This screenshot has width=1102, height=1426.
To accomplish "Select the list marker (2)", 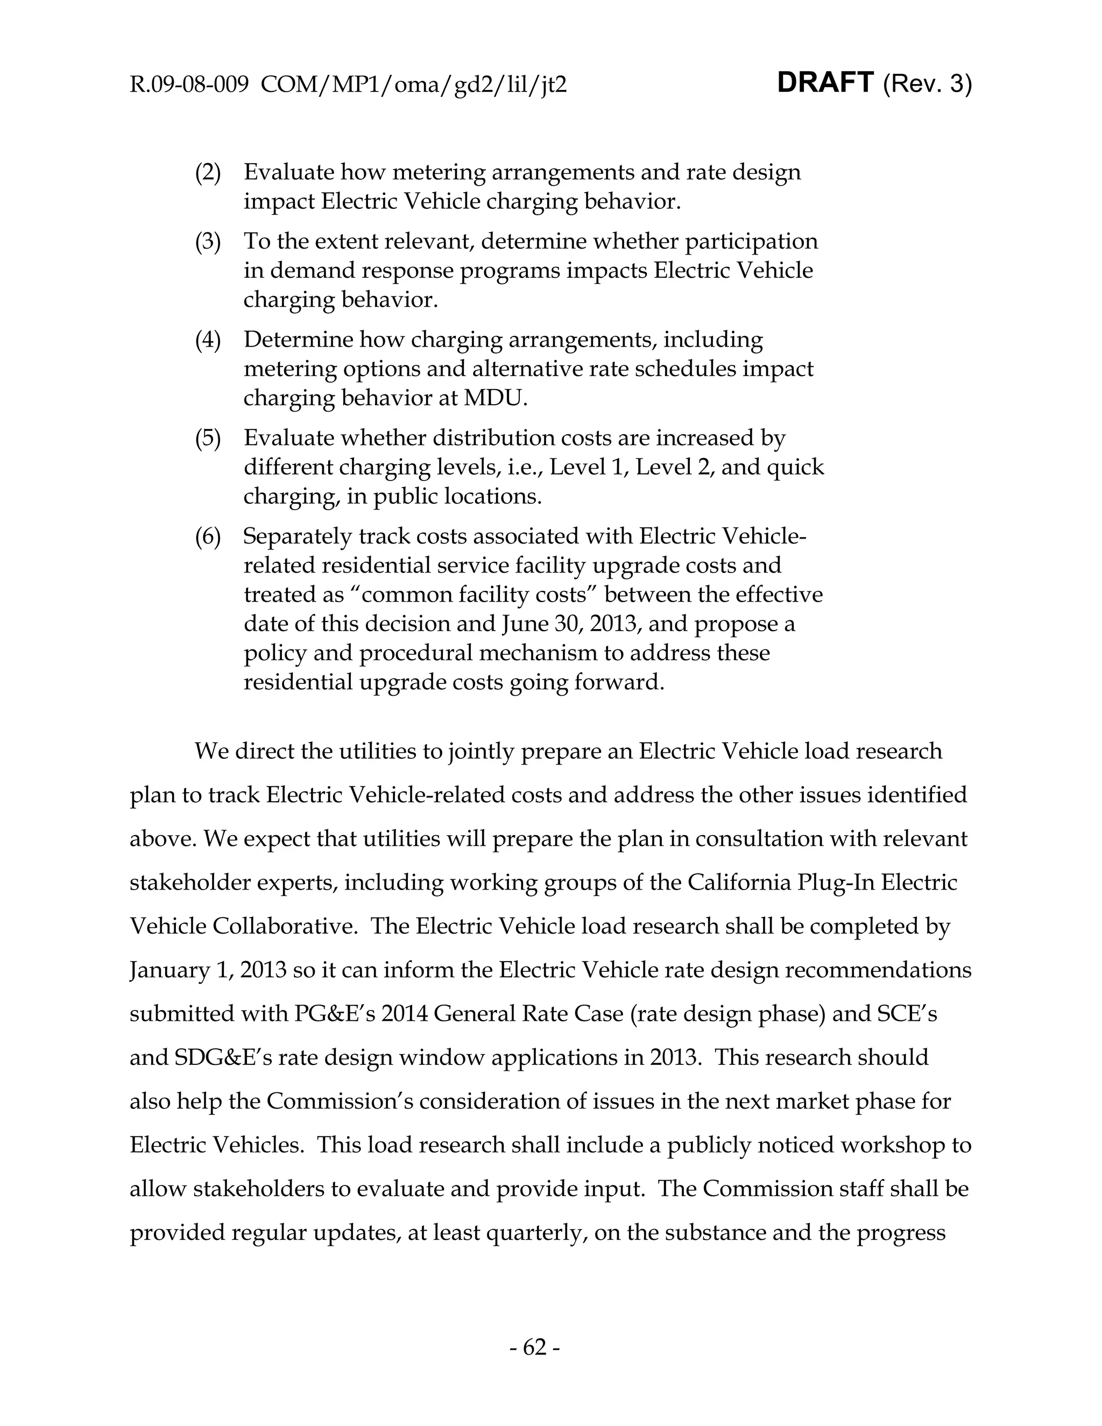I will click(208, 172).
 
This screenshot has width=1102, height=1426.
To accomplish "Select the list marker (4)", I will click(208, 340).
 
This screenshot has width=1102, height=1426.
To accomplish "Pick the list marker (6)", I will click(208, 536).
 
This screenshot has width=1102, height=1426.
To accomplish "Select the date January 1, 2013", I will click(208, 970).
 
